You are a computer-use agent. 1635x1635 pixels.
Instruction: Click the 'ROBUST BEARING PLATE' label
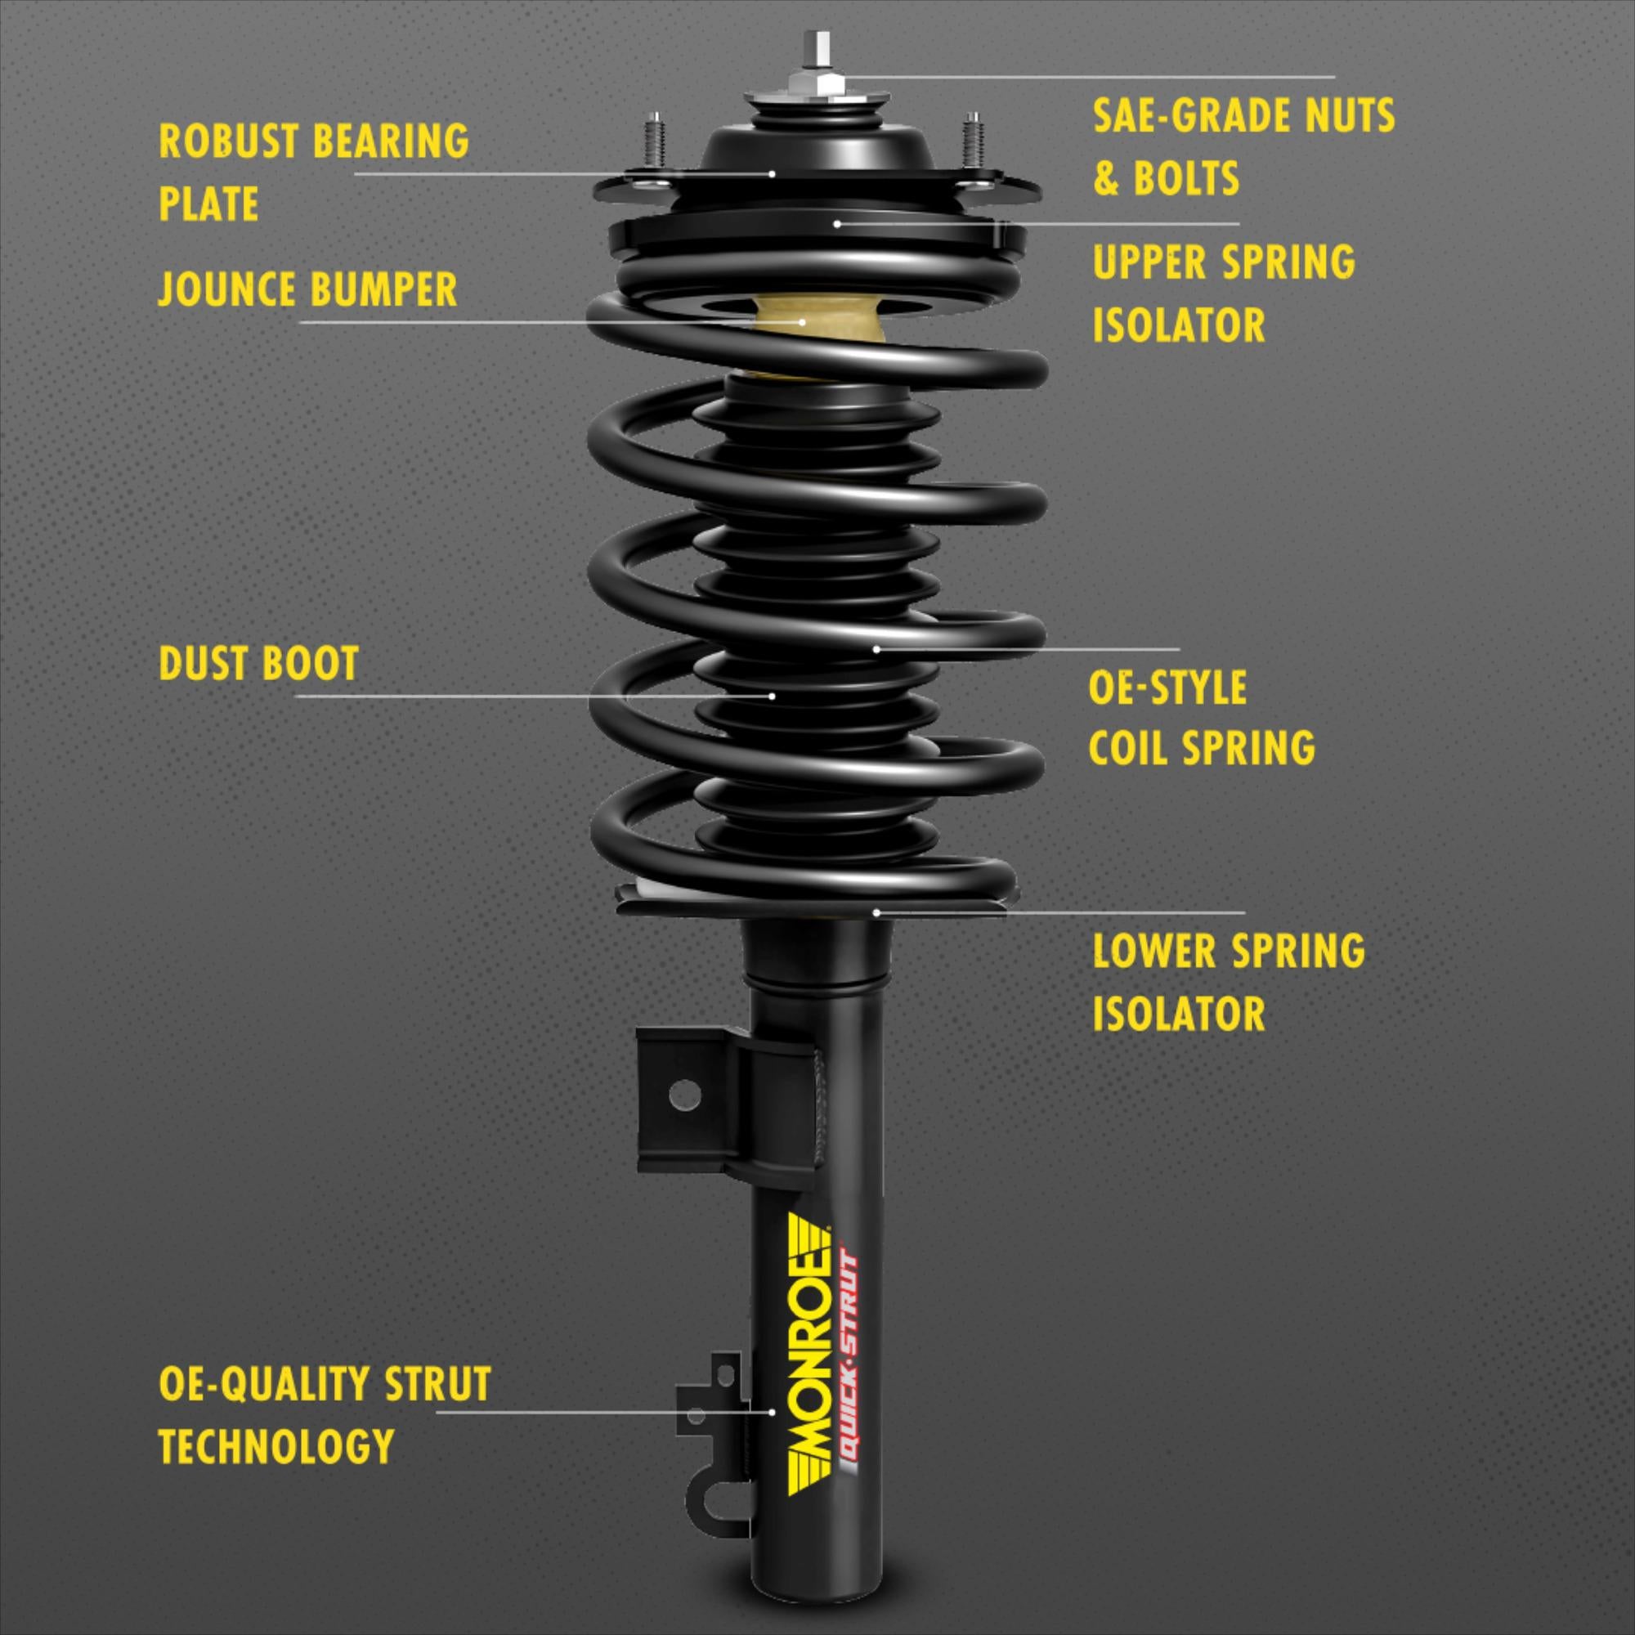[x=313, y=172]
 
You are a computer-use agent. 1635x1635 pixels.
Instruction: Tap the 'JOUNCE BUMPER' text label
[x=308, y=289]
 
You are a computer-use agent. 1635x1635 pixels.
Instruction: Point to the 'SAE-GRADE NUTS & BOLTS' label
[x=1243, y=146]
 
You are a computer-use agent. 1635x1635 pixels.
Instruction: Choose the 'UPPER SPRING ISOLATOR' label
[x=1223, y=293]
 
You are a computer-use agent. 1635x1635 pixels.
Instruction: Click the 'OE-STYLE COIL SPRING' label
[x=1201, y=718]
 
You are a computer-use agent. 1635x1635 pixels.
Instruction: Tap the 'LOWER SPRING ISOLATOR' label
[x=1228, y=982]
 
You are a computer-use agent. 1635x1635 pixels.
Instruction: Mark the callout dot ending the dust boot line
[x=773, y=696]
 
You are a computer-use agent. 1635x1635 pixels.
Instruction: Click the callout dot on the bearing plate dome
[x=773, y=173]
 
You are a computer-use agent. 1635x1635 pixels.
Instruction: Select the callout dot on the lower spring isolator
[x=877, y=912]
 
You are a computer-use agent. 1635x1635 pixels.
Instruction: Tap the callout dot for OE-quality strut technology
[x=773, y=1412]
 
